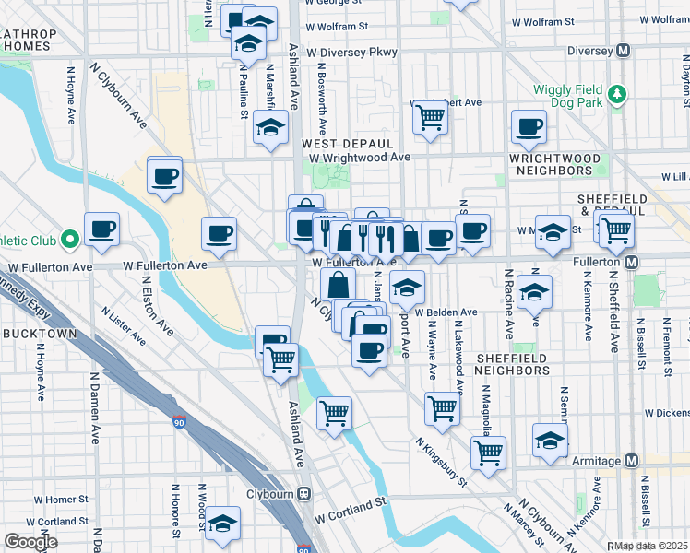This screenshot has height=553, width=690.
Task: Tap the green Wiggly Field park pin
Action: click(x=618, y=93)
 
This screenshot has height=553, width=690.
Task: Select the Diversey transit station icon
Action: click(x=624, y=50)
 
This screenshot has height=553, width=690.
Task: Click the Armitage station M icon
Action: click(x=632, y=460)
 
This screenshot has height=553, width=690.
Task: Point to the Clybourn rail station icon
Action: click(x=303, y=493)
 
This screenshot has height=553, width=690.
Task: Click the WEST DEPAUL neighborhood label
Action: click(x=347, y=144)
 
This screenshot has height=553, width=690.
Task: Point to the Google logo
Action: click(x=30, y=542)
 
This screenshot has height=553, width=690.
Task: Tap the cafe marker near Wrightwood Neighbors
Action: click(x=529, y=127)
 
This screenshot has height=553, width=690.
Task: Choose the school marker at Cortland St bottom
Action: click(x=222, y=524)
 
